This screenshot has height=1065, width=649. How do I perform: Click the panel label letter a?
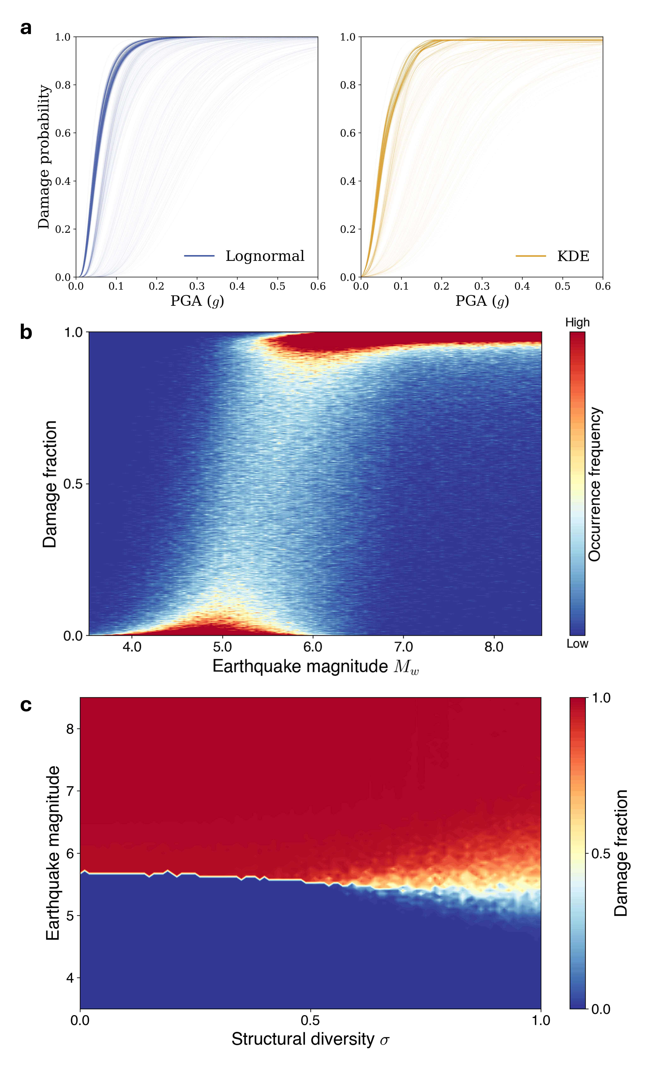pyautogui.click(x=26, y=29)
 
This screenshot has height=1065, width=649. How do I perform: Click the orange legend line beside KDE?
pyautogui.click(x=530, y=256)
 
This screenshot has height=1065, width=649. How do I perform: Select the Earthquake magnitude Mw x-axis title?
pyautogui.click(x=315, y=666)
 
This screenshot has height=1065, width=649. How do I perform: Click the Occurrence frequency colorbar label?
pyautogui.click(x=595, y=484)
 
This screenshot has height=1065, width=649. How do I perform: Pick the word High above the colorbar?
pyautogui.click(x=577, y=322)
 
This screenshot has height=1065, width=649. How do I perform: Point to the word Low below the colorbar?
pyautogui.click(x=577, y=644)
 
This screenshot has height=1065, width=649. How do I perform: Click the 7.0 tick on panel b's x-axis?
pyautogui.click(x=403, y=647)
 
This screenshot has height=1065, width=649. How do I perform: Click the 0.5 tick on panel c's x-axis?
pyautogui.click(x=310, y=1020)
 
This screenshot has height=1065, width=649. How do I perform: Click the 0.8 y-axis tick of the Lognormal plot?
pyautogui.click(x=63, y=85)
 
